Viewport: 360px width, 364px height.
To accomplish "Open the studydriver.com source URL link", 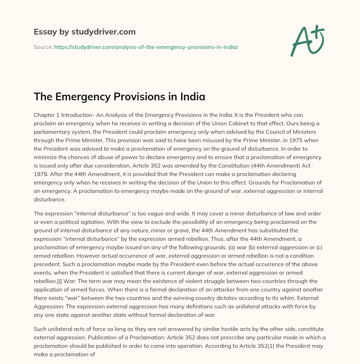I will (146, 47).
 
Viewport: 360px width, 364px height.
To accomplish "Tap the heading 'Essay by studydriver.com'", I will (85, 32).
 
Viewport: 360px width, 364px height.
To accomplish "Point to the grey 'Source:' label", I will (43, 47).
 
